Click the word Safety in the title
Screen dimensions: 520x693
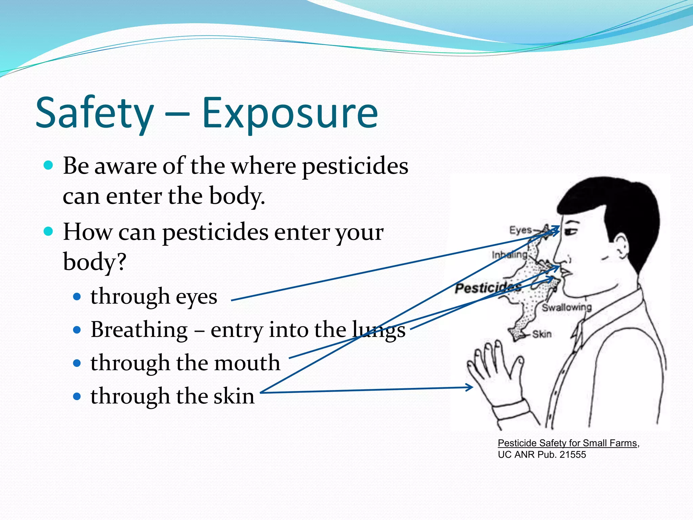(x=95, y=113)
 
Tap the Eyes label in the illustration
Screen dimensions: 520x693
(x=520, y=230)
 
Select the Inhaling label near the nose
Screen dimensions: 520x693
(x=509, y=255)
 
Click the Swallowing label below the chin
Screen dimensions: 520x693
(x=567, y=307)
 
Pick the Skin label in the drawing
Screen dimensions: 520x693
(x=542, y=334)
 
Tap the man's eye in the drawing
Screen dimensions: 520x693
(x=572, y=232)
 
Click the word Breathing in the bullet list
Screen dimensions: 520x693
(x=139, y=330)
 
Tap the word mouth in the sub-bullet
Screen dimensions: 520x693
(x=247, y=363)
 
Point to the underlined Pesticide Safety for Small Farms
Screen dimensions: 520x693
(x=567, y=443)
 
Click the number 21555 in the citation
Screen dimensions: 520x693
(x=573, y=455)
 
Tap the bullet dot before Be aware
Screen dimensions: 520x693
(x=49, y=165)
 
